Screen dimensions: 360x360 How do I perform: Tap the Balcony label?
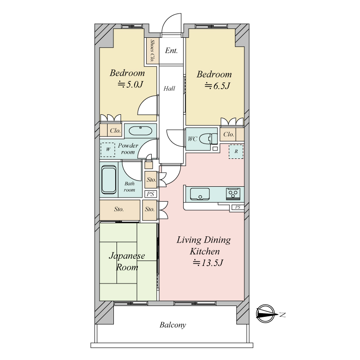173,325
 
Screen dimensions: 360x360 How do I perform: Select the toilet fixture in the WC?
208,139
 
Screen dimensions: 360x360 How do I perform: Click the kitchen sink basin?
200,194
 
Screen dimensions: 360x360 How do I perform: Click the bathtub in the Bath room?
108,180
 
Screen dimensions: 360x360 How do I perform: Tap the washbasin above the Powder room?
140,131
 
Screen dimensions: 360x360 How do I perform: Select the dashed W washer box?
108,150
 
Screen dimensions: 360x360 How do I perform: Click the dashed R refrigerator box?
236,152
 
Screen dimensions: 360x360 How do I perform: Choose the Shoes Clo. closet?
153,51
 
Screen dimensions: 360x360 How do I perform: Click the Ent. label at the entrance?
171,50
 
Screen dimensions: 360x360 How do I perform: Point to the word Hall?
169,88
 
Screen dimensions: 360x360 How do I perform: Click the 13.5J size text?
207,263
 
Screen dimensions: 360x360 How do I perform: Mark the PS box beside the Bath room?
151,194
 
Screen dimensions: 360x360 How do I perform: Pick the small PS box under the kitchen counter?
238,207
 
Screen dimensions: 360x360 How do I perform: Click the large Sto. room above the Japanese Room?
120,210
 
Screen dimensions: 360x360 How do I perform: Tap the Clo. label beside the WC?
229,134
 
